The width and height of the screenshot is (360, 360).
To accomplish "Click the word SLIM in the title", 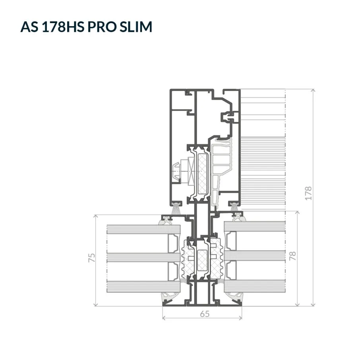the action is point(135,27).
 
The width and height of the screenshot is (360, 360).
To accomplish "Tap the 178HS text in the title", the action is point(63,27).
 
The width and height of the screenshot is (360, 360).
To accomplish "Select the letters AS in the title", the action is point(29,27).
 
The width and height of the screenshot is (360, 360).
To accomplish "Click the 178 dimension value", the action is point(308,194).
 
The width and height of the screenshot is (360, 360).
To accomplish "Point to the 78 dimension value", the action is point(292,256).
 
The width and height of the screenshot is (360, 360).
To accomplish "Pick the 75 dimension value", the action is point(91,257).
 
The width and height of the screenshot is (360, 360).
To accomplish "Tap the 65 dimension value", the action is point(205,314).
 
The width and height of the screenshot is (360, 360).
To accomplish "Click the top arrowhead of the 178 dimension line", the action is point(313,91).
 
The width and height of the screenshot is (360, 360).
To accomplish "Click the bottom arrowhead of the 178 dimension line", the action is point(313,304).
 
